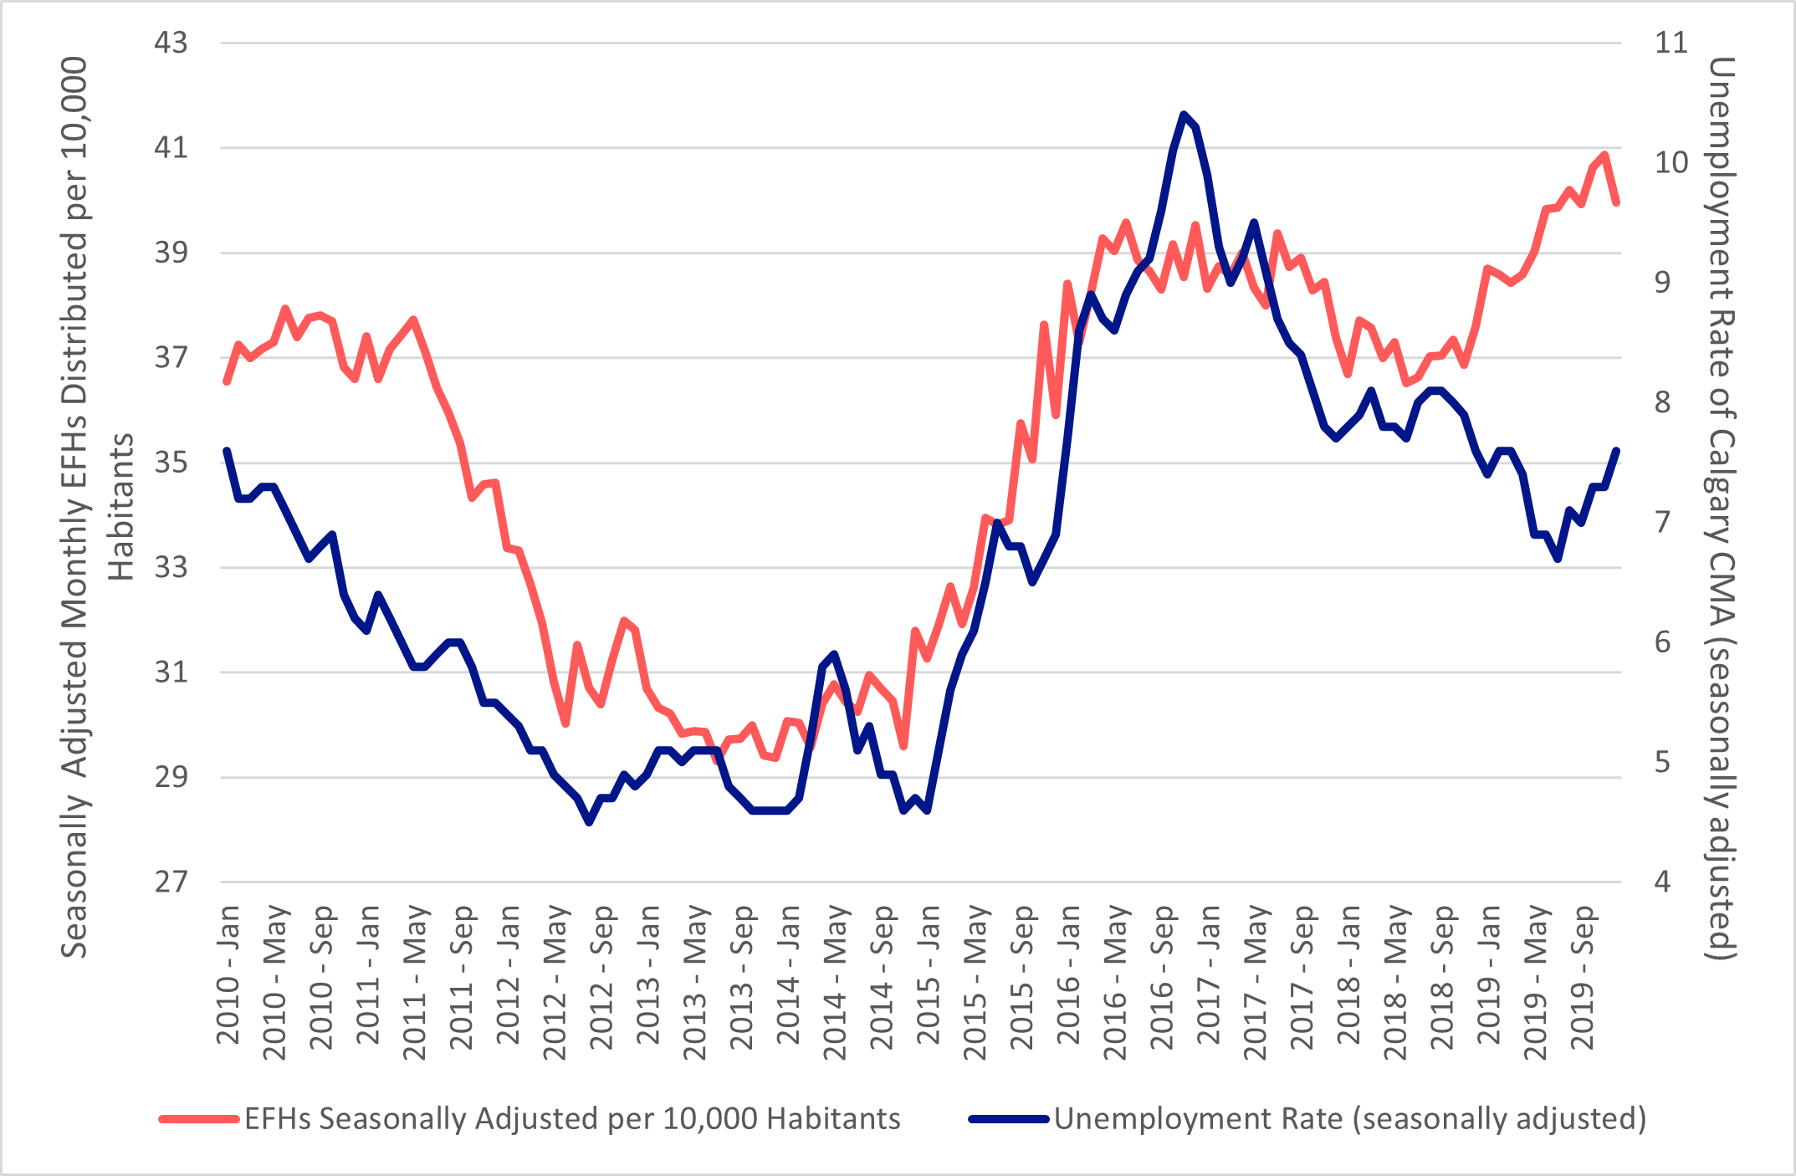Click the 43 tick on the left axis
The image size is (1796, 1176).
click(x=171, y=43)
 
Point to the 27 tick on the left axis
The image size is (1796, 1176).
click(x=171, y=882)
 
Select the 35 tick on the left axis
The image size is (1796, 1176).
click(x=171, y=462)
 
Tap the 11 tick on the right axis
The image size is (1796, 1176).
click(x=1671, y=43)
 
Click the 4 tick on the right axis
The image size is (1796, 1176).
click(x=1662, y=882)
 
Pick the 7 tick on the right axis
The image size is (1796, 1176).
click(x=1662, y=522)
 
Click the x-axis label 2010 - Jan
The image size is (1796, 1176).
click(x=228, y=974)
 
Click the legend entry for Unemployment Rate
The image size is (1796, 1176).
click(x=1349, y=1118)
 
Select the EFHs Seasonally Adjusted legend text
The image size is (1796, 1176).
click(x=572, y=1118)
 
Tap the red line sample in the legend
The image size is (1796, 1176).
click(x=199, y=1119)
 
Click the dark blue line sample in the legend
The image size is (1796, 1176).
click(x=1008, y=1119)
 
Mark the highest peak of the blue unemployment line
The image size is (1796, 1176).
click(x=1184, y=115)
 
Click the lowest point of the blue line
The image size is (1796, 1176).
click(x=589, y=822)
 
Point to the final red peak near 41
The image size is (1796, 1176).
click(x=1604, y=155)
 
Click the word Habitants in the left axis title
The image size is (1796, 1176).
click(x=121, y=507)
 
